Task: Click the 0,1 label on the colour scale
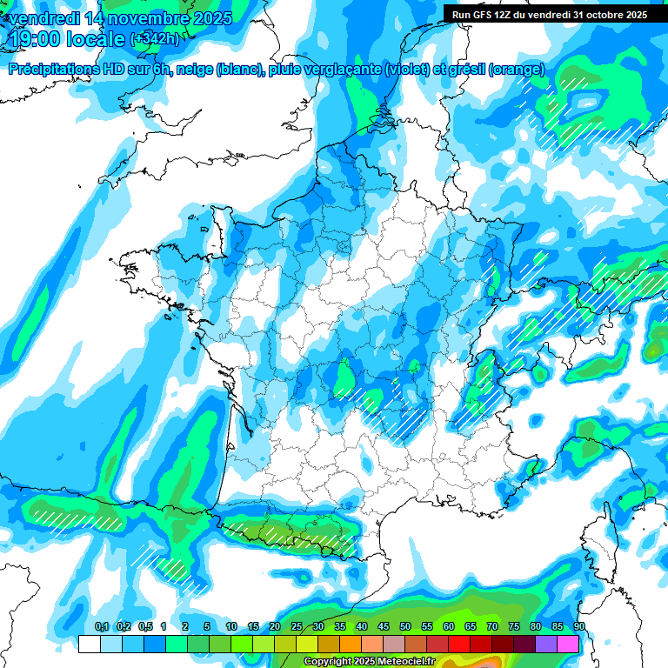(102, 626)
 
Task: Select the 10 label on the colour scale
(231, 626)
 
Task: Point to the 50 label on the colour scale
(405, 626)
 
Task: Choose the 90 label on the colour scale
(579, 626)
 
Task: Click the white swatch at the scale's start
(89, 644)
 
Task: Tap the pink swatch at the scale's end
(568, 644)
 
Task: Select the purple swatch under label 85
(546, 644)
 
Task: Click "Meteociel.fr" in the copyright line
(406, 661)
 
